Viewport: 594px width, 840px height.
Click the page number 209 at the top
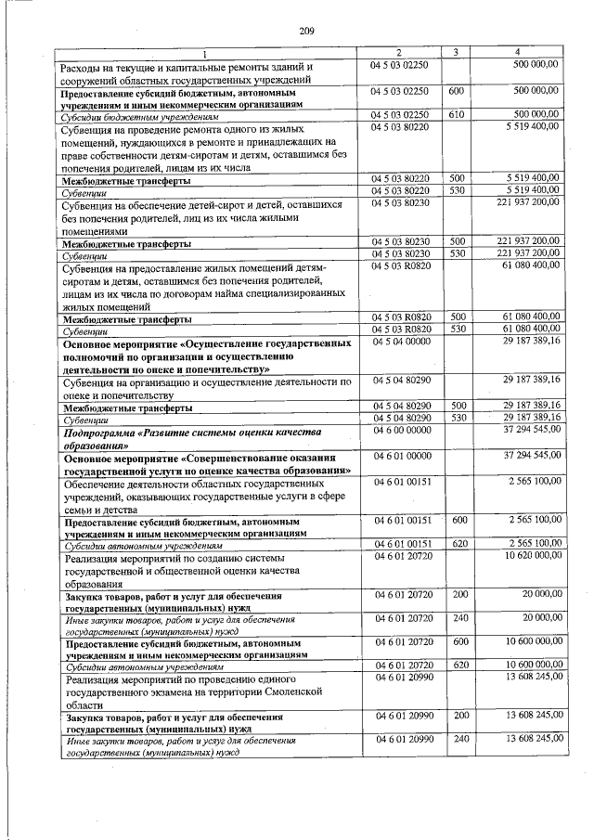pos(307,32)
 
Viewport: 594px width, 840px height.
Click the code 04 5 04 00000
pos(400,342)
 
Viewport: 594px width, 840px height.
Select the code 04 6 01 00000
pos(400,456)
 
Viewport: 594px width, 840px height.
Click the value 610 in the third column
pos(456,114)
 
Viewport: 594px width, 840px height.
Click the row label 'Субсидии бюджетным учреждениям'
pos(139,118)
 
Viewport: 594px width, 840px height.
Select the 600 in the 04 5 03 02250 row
pos(456,92)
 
